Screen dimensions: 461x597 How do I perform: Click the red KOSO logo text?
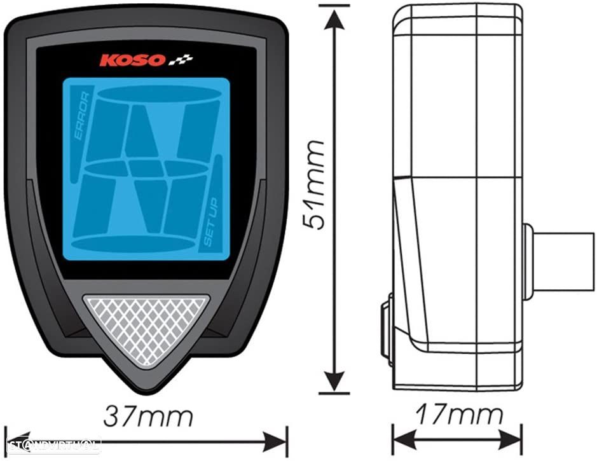point(132,61)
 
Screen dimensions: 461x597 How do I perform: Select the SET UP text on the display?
point(211,222)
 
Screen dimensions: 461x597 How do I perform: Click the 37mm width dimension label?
point(148,416)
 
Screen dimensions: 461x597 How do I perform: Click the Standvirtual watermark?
point(54,443)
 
